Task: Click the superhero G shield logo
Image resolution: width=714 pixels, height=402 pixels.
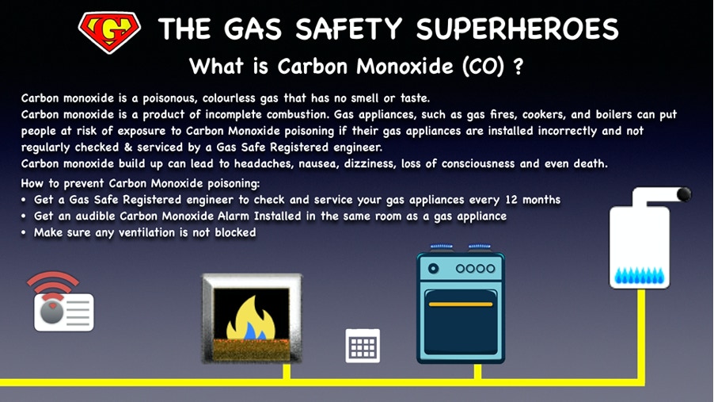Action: point(109,32)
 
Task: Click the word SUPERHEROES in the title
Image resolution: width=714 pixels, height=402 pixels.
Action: point(517,29)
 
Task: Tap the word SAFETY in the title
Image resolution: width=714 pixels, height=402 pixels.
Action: point(349,29)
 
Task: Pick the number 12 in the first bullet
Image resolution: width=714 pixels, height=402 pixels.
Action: point(511,200)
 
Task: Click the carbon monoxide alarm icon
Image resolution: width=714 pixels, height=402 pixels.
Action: point(64,312)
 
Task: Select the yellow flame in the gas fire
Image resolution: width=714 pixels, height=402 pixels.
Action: point(252,318)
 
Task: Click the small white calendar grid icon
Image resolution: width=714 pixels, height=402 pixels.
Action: point(363,346)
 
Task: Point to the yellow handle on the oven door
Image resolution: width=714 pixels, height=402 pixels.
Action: point(461,304)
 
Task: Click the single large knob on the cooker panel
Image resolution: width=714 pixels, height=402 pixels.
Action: point(433,268)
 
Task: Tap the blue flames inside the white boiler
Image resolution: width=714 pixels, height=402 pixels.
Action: point(640,276)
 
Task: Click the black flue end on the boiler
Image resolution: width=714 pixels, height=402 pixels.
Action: point(684,194)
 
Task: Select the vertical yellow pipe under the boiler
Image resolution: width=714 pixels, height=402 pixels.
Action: point(641,335)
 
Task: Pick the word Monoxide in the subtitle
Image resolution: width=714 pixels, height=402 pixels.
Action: point(404,67)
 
